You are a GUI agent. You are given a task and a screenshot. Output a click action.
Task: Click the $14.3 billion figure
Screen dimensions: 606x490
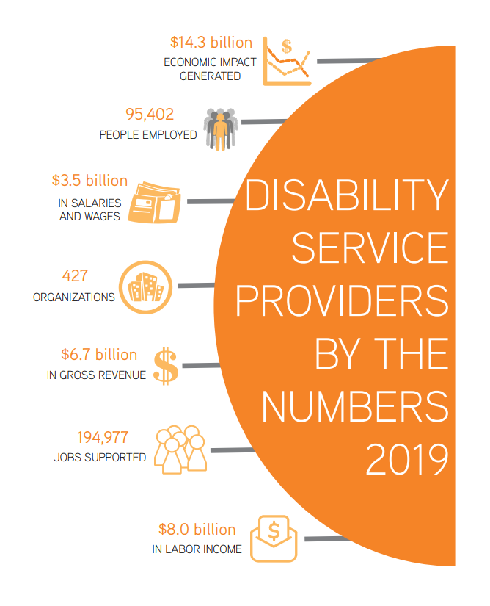(211, 43)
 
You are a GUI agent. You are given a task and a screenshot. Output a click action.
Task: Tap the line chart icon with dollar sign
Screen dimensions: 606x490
(287, 60)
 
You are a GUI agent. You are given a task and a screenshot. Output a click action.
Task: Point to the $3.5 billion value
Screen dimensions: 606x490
(89, 180)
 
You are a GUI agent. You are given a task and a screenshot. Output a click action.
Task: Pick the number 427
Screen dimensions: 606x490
(75, 276)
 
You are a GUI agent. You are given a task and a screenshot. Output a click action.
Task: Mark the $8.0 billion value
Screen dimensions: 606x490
(197, 529)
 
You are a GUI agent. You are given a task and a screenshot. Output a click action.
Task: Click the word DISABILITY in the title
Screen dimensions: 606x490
(346, 195)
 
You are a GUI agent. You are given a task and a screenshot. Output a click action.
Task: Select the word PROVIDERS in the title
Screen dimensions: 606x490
(342, 300)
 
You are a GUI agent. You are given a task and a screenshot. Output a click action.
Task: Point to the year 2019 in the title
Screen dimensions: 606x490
(406, 460)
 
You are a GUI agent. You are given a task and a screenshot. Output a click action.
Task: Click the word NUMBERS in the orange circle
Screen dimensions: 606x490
(354, 406)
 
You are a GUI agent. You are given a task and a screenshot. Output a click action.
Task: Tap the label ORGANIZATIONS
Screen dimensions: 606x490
(74, 297)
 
